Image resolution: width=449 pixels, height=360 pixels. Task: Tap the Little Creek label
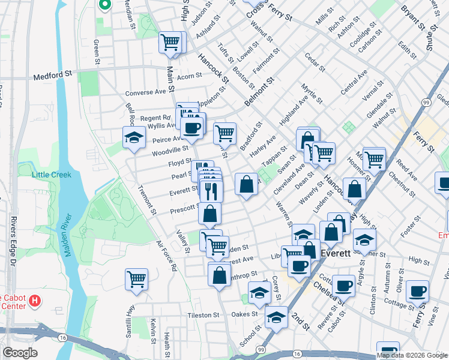click(x=52, y=175)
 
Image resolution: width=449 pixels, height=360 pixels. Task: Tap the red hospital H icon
click(x=35, y=299)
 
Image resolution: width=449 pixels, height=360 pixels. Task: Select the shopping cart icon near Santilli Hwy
click(x=136, y=278)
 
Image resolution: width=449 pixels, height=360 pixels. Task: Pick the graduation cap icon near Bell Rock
click(x=134, y=137)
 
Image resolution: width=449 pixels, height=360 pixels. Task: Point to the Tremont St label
click(x=146, y=202)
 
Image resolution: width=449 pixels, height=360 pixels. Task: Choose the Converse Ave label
click(x=145, y=93)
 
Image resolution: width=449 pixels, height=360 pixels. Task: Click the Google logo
click(x=20, y=353)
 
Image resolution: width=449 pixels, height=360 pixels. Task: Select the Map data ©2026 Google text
click(x=411, y=355)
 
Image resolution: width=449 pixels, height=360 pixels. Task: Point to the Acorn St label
click(x=189, y=76)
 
